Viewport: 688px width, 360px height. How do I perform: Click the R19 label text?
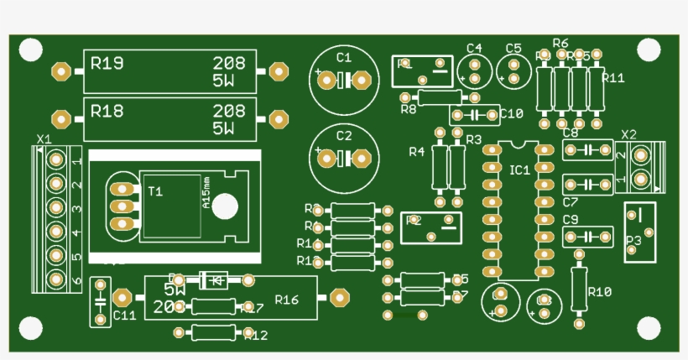click(x=107, y=63)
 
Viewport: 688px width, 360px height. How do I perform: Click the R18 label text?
click(x=107, y=111)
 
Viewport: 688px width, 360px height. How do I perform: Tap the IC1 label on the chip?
click(x=519, y=170)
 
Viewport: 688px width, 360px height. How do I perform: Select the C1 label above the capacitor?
click(x=343, y=57)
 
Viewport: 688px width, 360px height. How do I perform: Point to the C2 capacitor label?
click(x=343, y=135)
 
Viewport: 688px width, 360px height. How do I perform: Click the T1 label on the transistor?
click(x=155, y=192)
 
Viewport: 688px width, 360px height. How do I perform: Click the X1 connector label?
click(x=44, y=138)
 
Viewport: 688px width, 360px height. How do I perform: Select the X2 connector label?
click(x=628, y=134)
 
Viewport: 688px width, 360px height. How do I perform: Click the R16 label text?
click(x=286, y=300)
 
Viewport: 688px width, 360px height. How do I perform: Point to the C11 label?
click(x=124, y=316)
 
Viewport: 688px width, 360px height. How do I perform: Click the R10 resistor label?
click(x=599, y=292)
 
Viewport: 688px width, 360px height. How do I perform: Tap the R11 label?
click(x=613, y=78)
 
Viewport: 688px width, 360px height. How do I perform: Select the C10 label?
click(x=511, y=113)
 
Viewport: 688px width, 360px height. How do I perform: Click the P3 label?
click(x=633, y=240)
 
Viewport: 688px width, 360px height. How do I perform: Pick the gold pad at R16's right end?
click(x=340, y=296)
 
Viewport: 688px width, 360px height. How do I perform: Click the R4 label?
click(x=416, y=152)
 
